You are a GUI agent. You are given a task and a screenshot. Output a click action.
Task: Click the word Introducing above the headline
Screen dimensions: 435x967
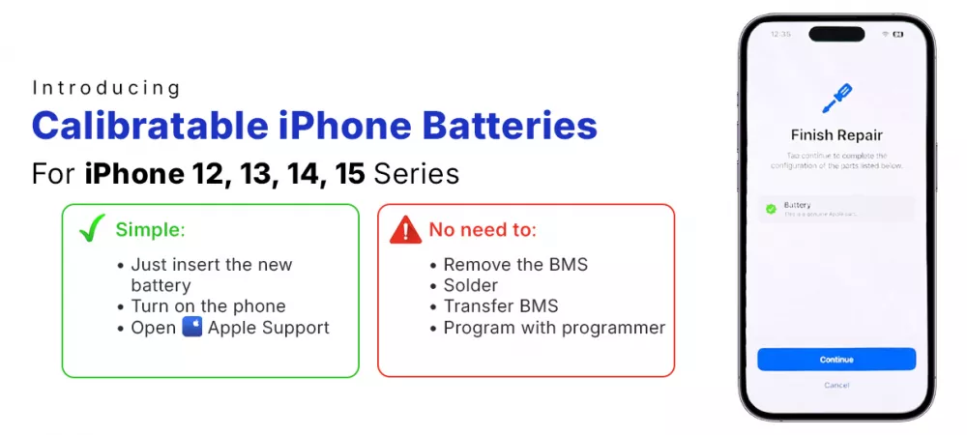106,89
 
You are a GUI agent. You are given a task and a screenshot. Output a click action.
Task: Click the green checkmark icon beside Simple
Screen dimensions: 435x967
92,229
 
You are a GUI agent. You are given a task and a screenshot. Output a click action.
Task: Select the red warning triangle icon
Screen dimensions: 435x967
405,230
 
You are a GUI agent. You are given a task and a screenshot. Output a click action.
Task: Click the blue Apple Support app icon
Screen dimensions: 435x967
191,328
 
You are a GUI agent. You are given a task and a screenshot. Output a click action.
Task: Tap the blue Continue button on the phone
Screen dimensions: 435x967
836,360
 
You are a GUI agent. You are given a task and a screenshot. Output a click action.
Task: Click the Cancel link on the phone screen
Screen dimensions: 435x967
836,386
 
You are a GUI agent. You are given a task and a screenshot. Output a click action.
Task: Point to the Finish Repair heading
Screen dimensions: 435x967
836,135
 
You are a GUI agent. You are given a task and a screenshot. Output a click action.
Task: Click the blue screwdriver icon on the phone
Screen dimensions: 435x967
836,99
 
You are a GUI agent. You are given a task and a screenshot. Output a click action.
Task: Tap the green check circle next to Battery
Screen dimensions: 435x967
771,209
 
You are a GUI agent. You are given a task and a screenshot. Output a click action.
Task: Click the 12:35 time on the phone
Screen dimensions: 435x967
780,34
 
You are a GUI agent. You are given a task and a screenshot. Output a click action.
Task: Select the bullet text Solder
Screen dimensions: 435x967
470,285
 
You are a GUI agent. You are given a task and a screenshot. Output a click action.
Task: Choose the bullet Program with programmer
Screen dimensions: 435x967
554,328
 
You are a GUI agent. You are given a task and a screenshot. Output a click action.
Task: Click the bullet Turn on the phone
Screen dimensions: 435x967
208,306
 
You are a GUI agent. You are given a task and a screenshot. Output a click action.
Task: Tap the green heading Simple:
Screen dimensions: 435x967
150,230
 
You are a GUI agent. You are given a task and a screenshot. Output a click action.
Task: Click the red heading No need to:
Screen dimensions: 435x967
482,230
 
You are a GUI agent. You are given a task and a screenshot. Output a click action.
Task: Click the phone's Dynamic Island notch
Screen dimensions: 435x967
836,34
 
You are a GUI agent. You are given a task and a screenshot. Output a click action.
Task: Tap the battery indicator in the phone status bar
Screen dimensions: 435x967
898,34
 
